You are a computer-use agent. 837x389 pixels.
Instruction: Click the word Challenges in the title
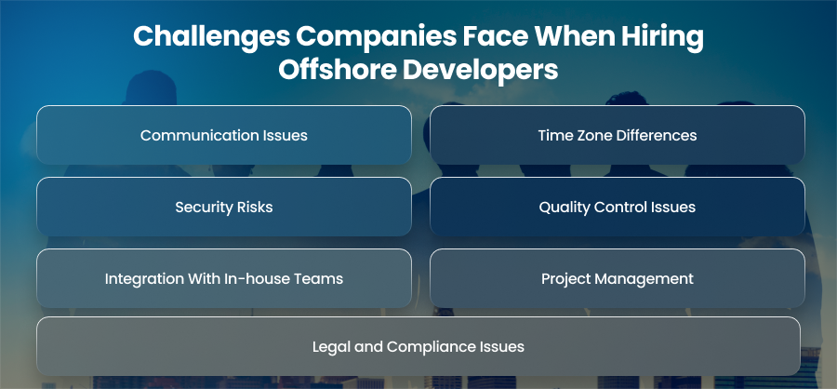coord(210,37)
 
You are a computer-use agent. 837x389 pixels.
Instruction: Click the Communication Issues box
coord(223,135)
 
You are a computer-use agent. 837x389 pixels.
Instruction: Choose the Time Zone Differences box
coord(618,135)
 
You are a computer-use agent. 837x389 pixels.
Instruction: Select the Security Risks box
coord(223,207)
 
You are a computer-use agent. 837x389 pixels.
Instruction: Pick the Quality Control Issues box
coord(618,207)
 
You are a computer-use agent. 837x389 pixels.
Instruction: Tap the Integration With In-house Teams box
coord(223,278)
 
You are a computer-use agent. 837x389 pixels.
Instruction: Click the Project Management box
coord(618,278)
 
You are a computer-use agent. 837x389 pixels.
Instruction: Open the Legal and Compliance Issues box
coord(418,346)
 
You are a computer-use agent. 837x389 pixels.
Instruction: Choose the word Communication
coord(199,135)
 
